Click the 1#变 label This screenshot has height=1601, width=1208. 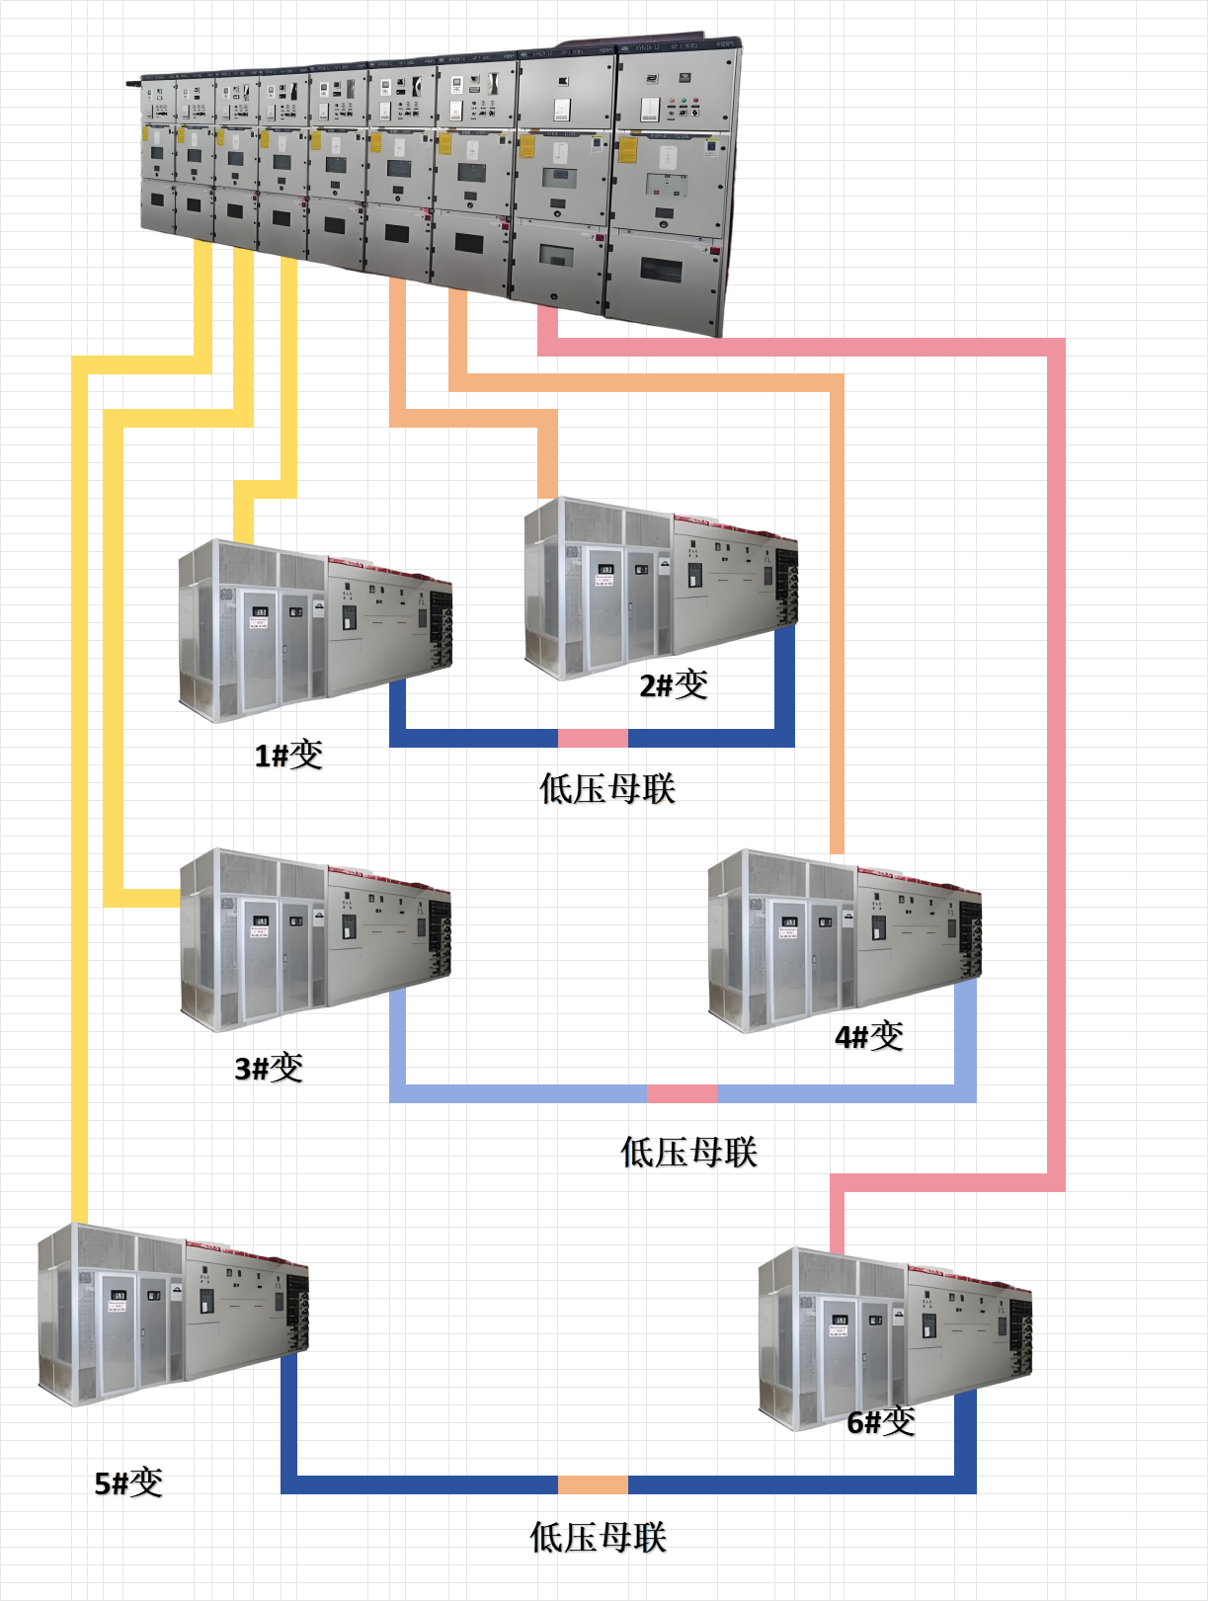(x=288, y=755)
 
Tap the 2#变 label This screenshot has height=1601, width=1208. (x=674, y=683)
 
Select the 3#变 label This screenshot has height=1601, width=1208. (x=269, y=1068)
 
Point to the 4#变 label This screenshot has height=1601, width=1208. (x=869, y=1036)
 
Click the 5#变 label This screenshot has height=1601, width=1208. (x=128, y=1482)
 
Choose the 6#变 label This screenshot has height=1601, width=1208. (x=881, y=1421)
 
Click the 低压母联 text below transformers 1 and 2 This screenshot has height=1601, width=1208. (x=607, y=789)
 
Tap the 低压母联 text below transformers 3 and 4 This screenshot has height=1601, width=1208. (x=688, y=1152)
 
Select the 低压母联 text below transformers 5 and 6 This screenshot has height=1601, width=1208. (x=599, y=1537)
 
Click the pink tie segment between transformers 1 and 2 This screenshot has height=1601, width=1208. (x=593, y=738)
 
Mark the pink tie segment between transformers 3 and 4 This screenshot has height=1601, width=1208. (x=682, y=1093)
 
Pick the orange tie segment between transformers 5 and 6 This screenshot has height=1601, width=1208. (x=593, y=1484)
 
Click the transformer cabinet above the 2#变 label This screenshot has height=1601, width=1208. (x=660, y=588)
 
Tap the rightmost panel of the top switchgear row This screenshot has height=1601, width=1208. (x=672, y=188)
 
